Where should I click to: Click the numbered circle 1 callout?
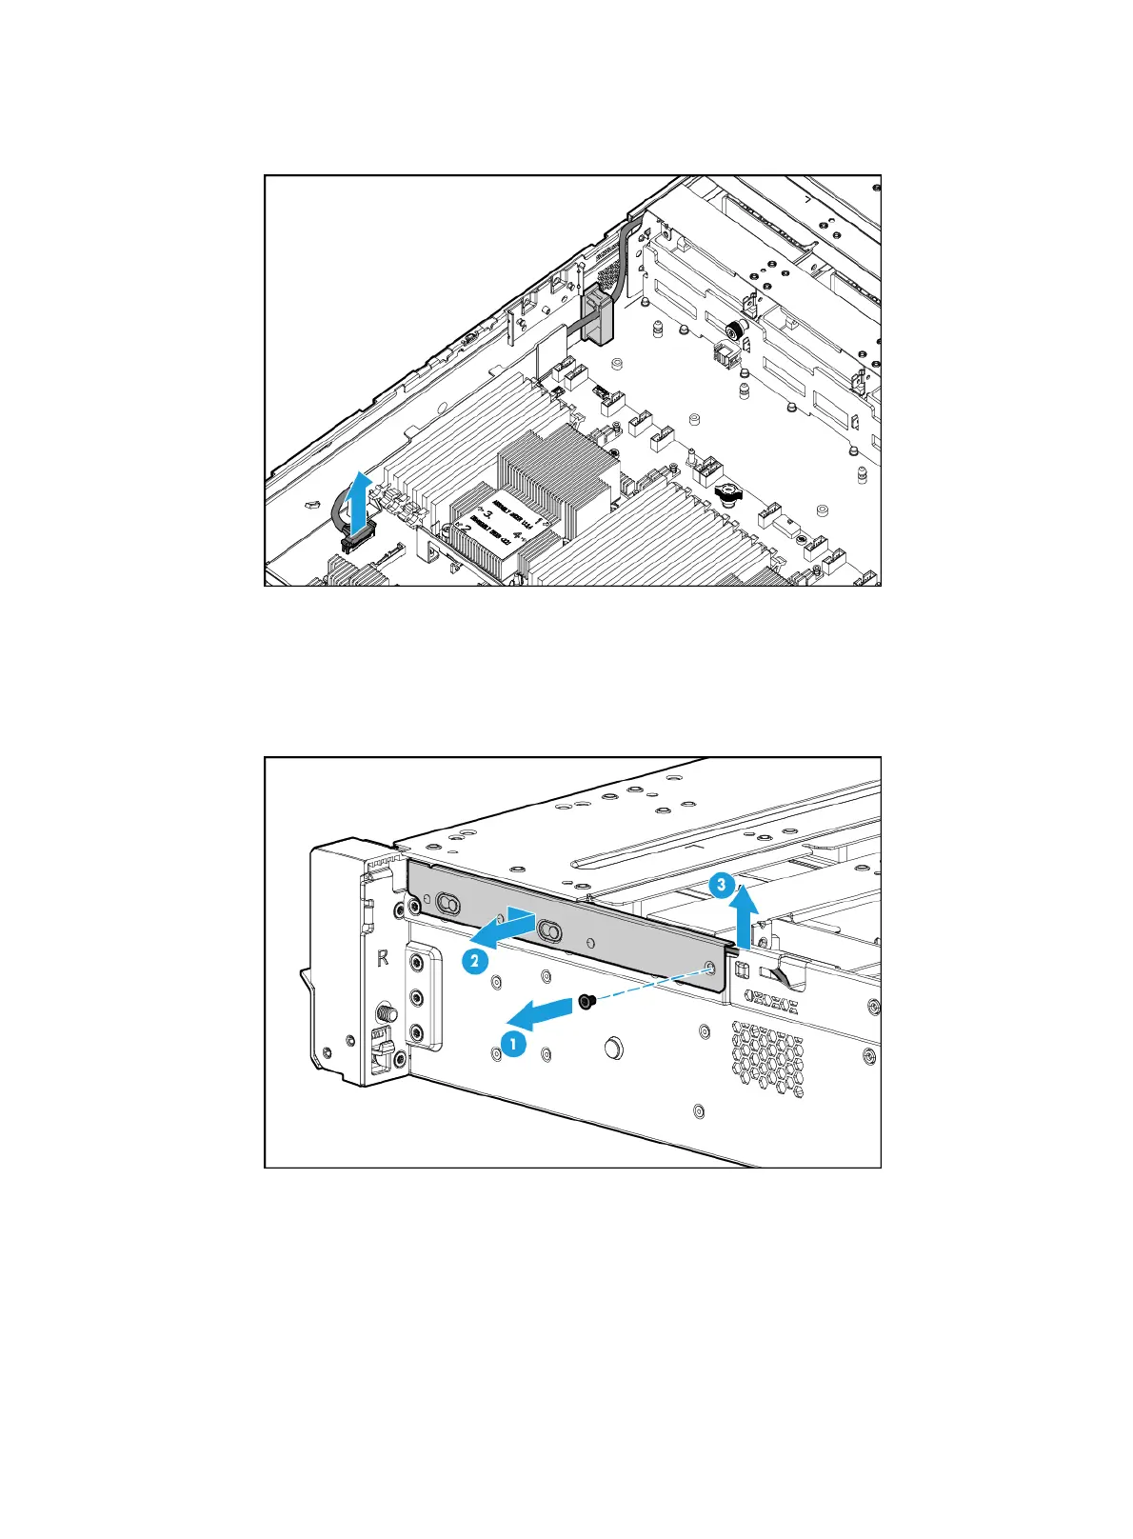[x=513, y=1044]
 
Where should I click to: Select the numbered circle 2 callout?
[x=475, y=961]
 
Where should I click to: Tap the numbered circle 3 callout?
[x=722, y=886]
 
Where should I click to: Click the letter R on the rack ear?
[x=383, y=958]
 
